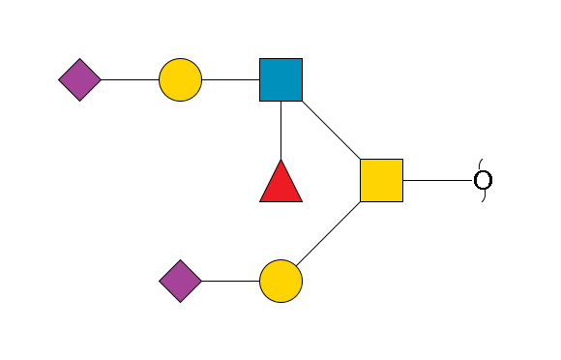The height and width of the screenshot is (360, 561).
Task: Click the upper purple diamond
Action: tap(79, 79)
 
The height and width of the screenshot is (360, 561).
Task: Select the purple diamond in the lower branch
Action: tap(180, 281)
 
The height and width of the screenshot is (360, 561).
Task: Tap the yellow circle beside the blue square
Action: tap(180, 79)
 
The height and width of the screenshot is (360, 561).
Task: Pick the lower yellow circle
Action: tap(280, 281)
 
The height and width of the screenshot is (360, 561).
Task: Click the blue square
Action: tap(280, 79)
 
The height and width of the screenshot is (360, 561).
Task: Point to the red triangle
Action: tap(280, 184)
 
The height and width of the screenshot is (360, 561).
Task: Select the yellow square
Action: tap(381, 180)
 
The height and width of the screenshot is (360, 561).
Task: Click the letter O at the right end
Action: tap(483, 180)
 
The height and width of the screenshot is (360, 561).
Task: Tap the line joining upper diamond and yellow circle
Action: tap(130, 79)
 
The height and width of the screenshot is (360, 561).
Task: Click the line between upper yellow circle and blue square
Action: tap(230, 79)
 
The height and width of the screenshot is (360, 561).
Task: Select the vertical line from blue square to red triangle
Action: tap(280, 130)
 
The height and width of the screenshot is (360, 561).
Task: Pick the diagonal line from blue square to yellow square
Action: tap(331, 130)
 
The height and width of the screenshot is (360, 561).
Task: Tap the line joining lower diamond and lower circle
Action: tap(230, 281)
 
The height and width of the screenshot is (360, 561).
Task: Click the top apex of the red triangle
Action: tap(280, 161)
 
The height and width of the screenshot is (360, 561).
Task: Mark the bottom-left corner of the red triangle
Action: tap(260, 201)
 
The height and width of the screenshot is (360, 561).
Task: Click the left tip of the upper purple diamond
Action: tap(59, 79)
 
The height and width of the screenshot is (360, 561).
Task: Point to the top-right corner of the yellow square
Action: tap(402, 160)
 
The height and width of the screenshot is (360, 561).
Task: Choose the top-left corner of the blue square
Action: tap(260, 59)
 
